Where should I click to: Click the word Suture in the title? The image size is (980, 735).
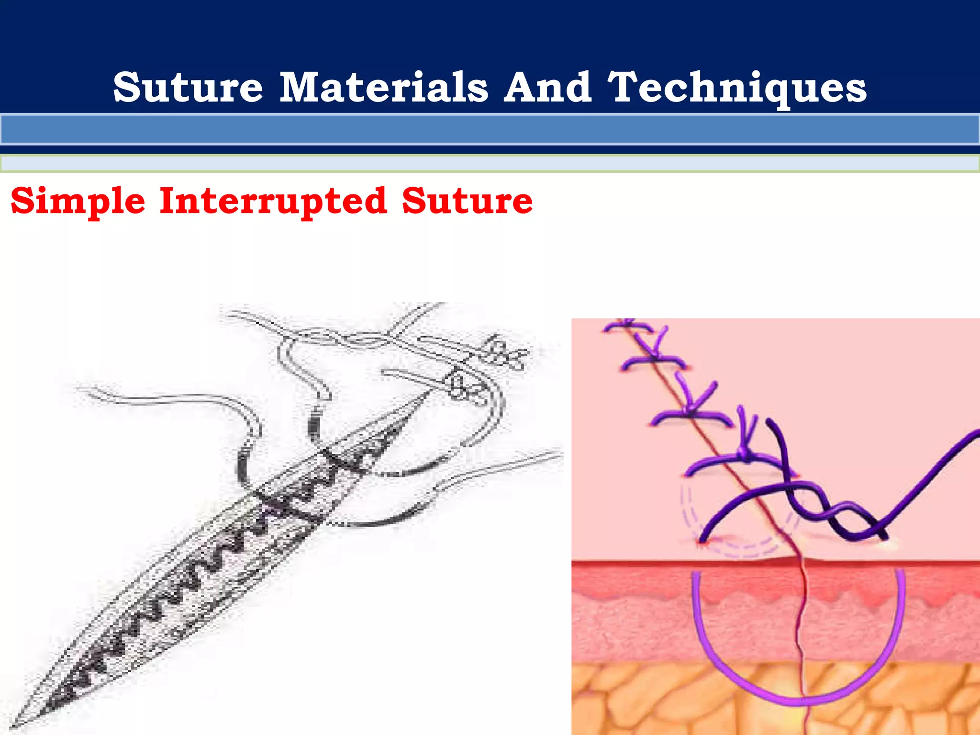coord(188,87)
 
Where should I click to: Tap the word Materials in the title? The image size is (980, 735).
coord(384,87)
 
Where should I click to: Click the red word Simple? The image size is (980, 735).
coord(78,201)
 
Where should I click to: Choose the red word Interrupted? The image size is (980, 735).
coord(273,201)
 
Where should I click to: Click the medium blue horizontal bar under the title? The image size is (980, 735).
coord(490,129)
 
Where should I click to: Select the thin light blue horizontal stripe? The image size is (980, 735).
coord(490,164)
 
